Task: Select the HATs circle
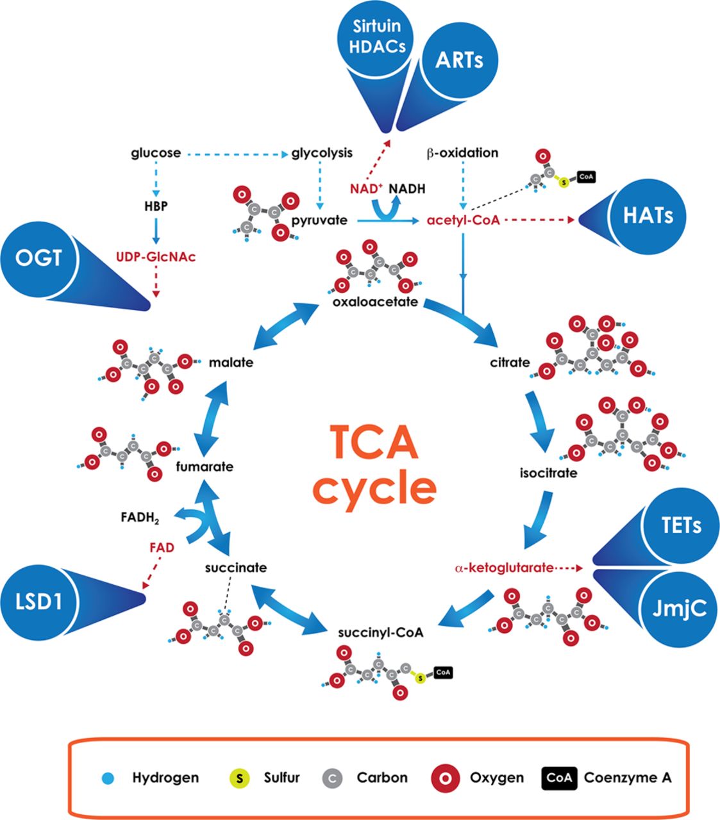[648, 215]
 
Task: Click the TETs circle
[680, 525]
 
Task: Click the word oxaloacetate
[375, 301]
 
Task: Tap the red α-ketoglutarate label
[503, 568]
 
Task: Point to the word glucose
[156, 153]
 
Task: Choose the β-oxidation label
[462, 153]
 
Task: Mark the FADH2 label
[139, 517]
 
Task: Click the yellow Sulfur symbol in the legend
[240, 778]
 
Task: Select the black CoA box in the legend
[559, 778]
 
